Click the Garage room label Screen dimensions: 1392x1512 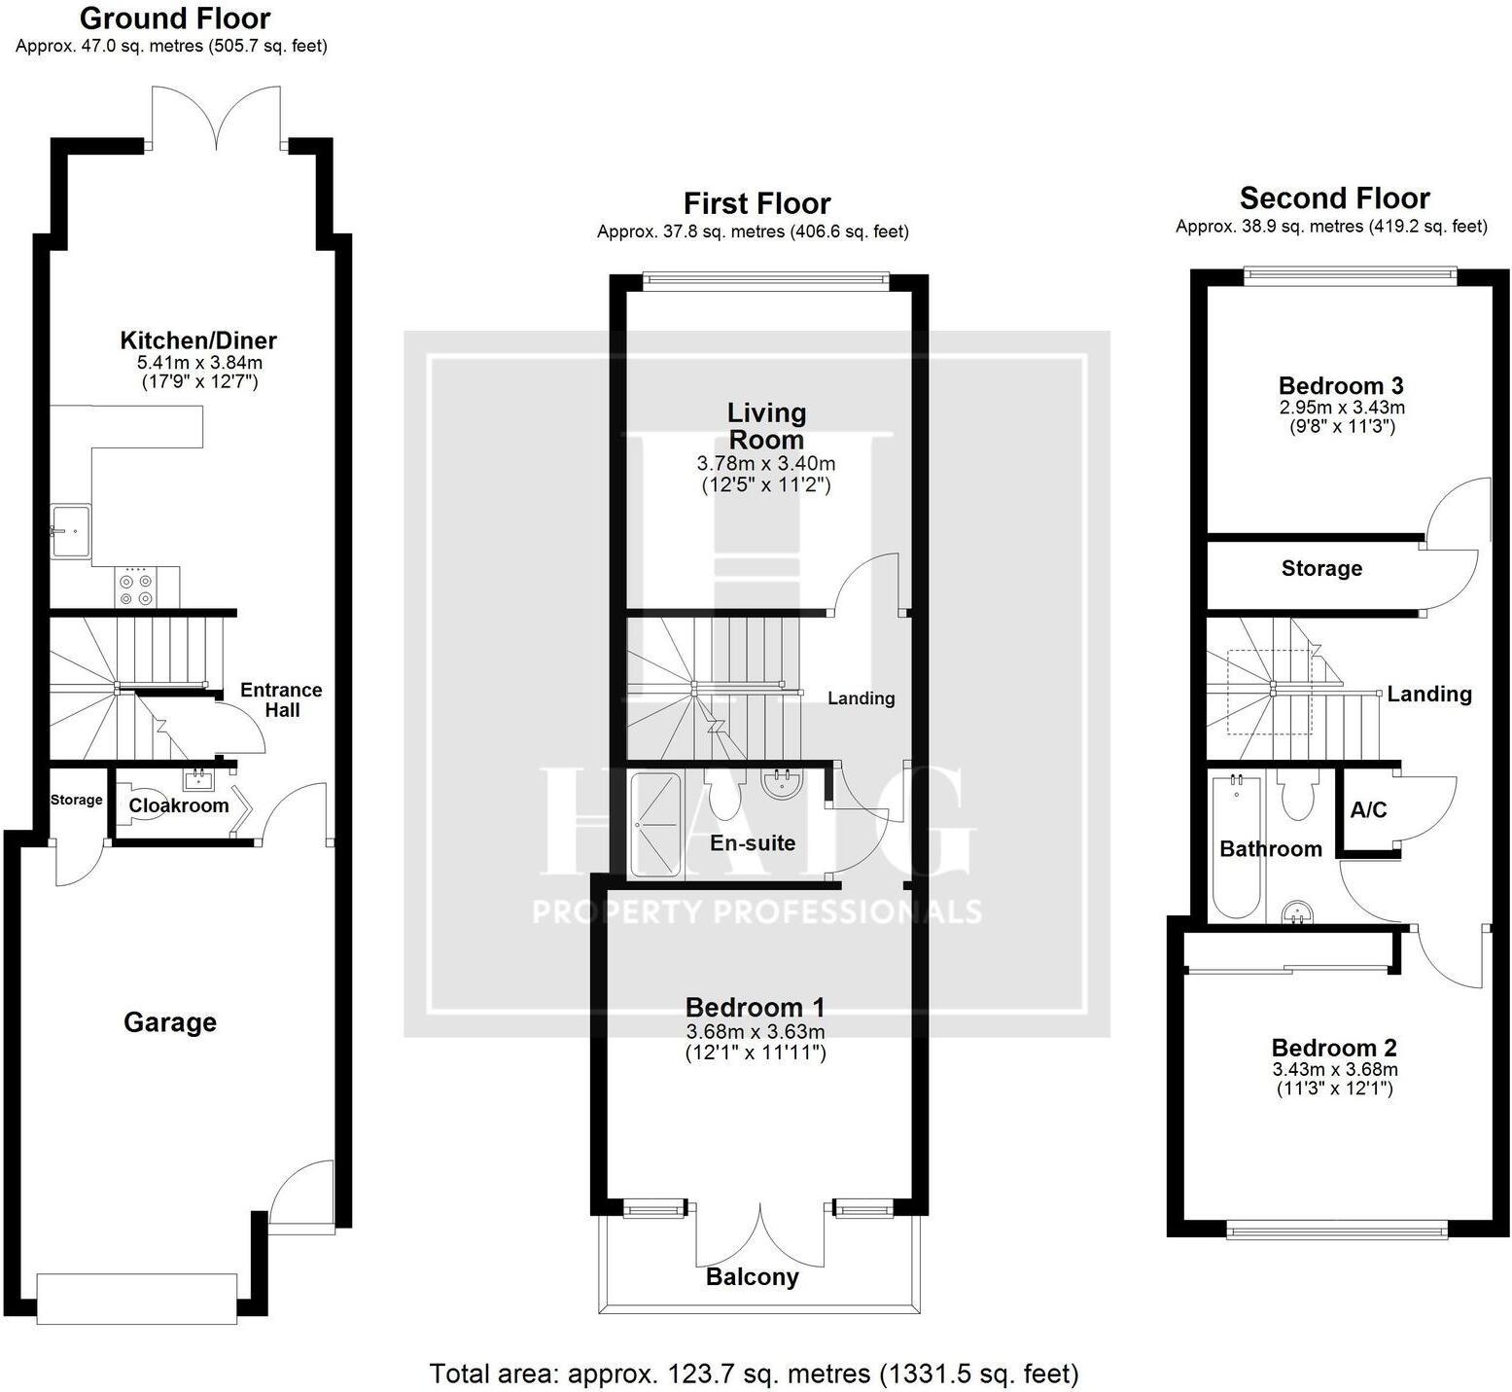point(170,1022)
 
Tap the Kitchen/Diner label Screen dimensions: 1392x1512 point(198,340)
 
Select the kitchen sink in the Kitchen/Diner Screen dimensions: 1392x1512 point(70,531)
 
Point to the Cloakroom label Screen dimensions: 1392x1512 point(179,805)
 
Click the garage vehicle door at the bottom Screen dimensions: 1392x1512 point(136,1299)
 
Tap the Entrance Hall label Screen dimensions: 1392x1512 point(281,699)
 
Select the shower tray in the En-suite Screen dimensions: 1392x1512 point(657,824)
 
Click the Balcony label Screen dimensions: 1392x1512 point(752,1277)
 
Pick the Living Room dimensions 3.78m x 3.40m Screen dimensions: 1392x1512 point(766,464)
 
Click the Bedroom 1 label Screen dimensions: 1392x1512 point(756,1007)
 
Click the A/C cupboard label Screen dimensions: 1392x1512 point(1368,810)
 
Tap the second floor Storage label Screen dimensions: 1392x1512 point(1320,568)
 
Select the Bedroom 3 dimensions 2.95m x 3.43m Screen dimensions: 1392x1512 point(1342,408)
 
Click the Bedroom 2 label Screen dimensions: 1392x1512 point(1334,1048)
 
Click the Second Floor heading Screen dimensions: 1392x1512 point(1334,198)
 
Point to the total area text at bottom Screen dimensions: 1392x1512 point(754,1374)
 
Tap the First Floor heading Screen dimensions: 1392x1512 point(756,203)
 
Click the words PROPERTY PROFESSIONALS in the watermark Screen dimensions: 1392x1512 point(756,912)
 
